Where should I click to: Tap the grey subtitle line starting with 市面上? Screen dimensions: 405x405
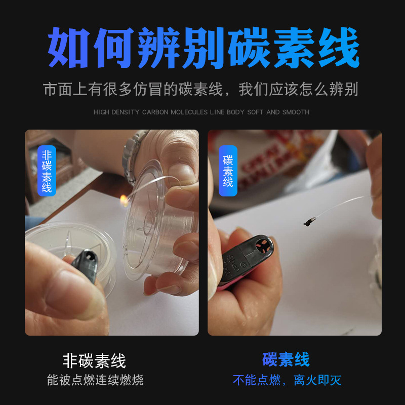click(201, 90)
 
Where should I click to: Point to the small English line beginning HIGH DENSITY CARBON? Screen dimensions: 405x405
click(201, 112)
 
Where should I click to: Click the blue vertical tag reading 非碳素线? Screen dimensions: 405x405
click(47, 171)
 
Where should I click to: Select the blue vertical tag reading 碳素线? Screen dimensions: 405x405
click(228, 171)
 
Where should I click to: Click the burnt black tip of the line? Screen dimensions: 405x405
click(309, 220)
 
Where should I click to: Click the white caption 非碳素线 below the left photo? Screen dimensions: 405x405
click(94, 361)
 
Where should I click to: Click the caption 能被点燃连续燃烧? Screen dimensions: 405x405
click(95, 380)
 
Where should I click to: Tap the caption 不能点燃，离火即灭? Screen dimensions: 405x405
click(290, 380)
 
